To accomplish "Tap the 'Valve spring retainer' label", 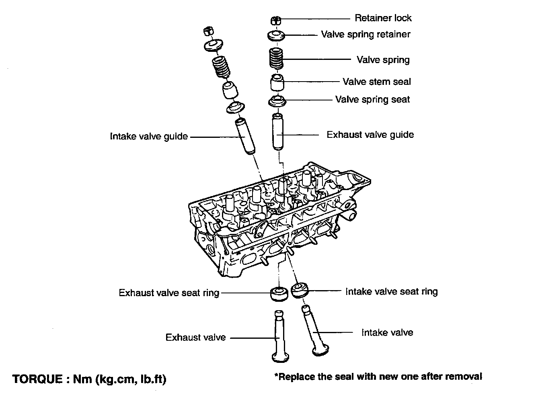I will (x=365, y=35).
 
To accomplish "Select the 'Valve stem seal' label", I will (x=376, y=82).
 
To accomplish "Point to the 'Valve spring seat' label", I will (x=372, y=99).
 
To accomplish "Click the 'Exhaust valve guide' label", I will (x=370, y=135).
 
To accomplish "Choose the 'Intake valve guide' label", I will (x=149, y=137).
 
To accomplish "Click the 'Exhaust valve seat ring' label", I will (x=169, y=293).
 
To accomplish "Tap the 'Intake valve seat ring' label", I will (x=391, y=291).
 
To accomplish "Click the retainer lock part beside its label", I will (x=276, y=20).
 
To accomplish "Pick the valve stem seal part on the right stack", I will (x=277, y=83).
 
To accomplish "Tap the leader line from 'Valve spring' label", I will (x=318, y=59).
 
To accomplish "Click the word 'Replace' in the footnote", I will (x=295, y=377).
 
